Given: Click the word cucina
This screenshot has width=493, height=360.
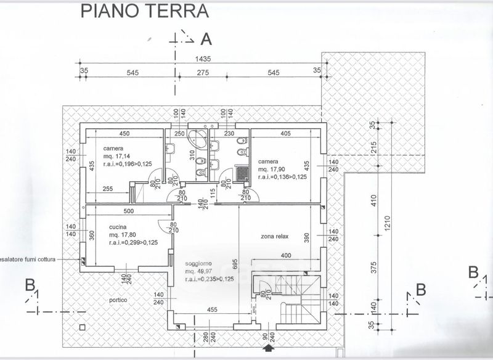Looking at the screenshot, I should [118, 227].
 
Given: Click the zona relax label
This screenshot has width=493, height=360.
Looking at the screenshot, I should [275, 236].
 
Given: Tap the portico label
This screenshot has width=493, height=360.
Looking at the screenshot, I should [116, 300].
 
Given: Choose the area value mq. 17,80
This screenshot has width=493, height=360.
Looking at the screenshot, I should [122, 235].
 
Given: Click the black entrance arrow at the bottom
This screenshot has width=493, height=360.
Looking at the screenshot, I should [267, 350].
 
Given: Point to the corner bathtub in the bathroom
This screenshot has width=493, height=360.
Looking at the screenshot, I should [199, 138].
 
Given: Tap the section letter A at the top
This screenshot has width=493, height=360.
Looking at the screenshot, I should [206, 39].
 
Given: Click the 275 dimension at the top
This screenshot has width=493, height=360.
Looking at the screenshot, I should [203, 73].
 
